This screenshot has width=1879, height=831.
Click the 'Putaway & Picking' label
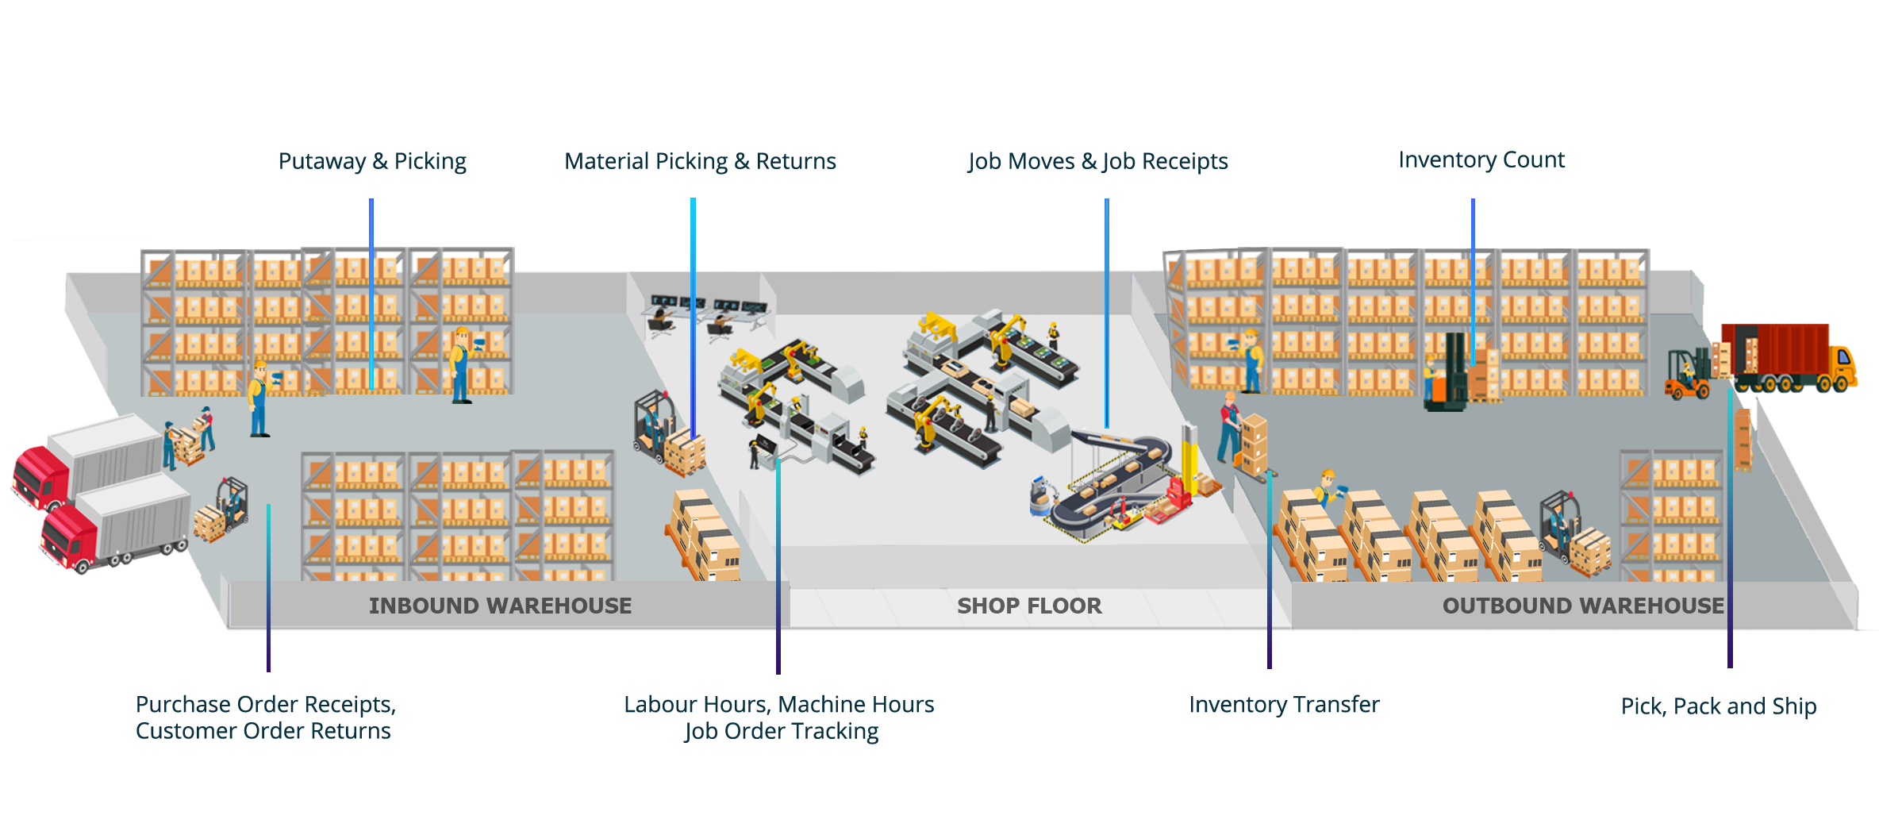coord(373,161)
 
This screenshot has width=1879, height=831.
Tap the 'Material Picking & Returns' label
coord(700,161)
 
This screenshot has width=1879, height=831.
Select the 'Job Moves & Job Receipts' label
coord(1097,161)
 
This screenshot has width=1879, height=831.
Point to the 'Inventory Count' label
coord(1481,160)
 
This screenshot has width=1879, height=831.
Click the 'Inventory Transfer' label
coord(1285,705)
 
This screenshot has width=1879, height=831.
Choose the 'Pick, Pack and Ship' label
coord(1719,706)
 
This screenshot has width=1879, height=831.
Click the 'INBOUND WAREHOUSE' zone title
coord(500,606)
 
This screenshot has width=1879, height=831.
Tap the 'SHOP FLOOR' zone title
coord(1029,606)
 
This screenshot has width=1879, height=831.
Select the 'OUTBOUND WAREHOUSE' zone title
coord(1583,606)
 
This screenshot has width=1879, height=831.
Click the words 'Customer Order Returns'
coord(263,730)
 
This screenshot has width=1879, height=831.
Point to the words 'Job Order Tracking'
coord(781,731)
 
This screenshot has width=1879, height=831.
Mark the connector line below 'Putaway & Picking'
coord(371,294)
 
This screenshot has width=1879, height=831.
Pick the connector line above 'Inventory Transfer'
coord(1270,571)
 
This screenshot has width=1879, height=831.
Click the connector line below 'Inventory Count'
coord(1473,278)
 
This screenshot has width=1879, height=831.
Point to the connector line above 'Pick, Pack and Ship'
coord(1730,532)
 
